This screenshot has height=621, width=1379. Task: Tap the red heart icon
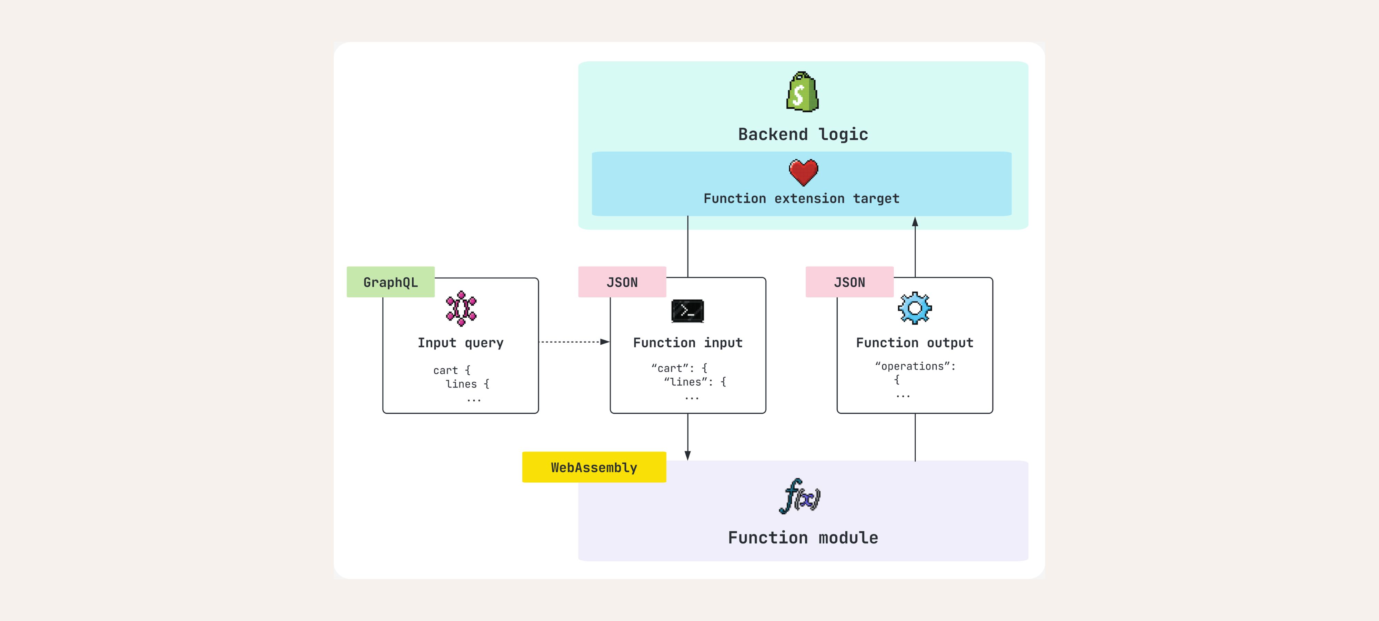click(x=803, y=172)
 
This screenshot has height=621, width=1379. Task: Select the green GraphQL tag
click(x=390, y=282)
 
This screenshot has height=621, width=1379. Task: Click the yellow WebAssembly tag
click(x=594, y=467)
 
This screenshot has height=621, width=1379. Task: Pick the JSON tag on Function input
click(x=622, y=282)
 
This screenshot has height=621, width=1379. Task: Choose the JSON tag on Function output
click(x=849, y=282)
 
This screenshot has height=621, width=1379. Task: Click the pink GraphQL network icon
click(x=461, y=309)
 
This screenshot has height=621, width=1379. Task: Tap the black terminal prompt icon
click(x=687, y=311)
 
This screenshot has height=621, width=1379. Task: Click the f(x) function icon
click(x=800, y=496)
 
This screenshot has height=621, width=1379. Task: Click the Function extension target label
click(x=802, y=198)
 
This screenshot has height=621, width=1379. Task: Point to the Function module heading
click(x=803, y=538)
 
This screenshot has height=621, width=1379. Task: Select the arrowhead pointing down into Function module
click(x=687, y=455)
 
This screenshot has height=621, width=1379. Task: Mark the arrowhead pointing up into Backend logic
click(x=915, y=221)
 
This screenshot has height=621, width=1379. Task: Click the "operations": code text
click(x=915, y=366)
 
